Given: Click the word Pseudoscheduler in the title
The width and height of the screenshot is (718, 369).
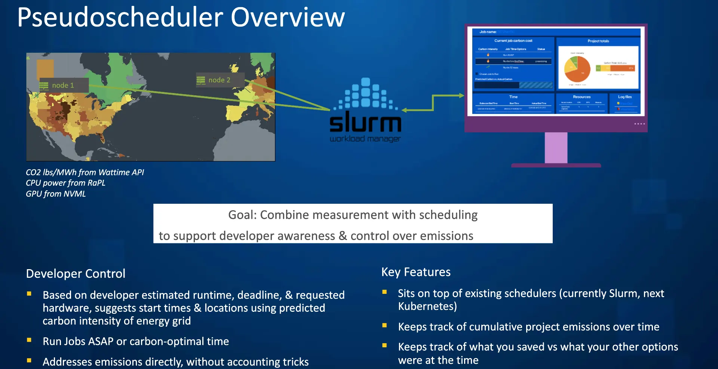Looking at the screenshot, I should [x=120, y=18].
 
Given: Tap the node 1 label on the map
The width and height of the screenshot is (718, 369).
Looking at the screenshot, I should [x=63, y=86].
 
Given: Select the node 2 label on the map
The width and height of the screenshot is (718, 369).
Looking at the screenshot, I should [x=219, y=80].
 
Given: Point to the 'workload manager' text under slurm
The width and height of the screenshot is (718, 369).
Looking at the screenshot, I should [x=365, y=139].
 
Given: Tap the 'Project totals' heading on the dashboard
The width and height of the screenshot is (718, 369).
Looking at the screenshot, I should [x=598, y=41].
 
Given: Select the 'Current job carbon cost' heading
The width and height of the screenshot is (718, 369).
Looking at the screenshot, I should [x=513, y=41].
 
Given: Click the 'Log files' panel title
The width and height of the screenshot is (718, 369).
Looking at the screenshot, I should [x=625, y=97].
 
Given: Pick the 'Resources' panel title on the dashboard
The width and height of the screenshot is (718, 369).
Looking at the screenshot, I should [x=582, y=97].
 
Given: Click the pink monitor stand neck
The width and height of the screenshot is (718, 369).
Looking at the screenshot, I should [x=556, y=147].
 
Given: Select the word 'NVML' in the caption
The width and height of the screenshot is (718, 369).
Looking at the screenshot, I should [x=75, y=194].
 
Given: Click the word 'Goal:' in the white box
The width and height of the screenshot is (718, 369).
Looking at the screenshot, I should [x=242, y=215].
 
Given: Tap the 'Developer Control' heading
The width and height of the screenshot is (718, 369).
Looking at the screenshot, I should [x=76, y=274].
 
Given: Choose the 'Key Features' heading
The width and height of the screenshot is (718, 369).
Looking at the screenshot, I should [x=416, y=272].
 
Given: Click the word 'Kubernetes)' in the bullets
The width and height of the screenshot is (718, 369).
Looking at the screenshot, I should [x=427, y=307].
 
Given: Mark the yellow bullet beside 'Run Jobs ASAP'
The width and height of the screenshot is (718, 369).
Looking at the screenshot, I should [x=29, y=340].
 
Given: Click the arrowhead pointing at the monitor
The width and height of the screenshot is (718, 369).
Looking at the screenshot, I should [x=461, y=96].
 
